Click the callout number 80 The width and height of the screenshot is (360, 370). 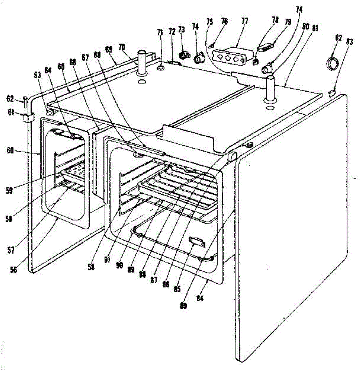point(305,27)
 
